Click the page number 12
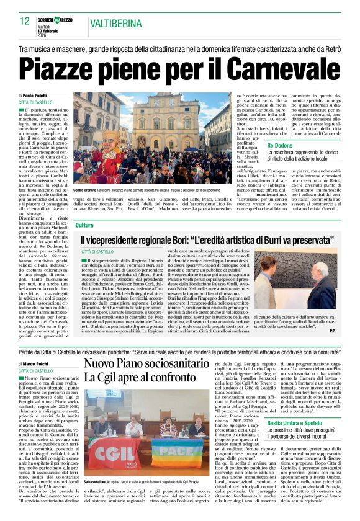point(24,21)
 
